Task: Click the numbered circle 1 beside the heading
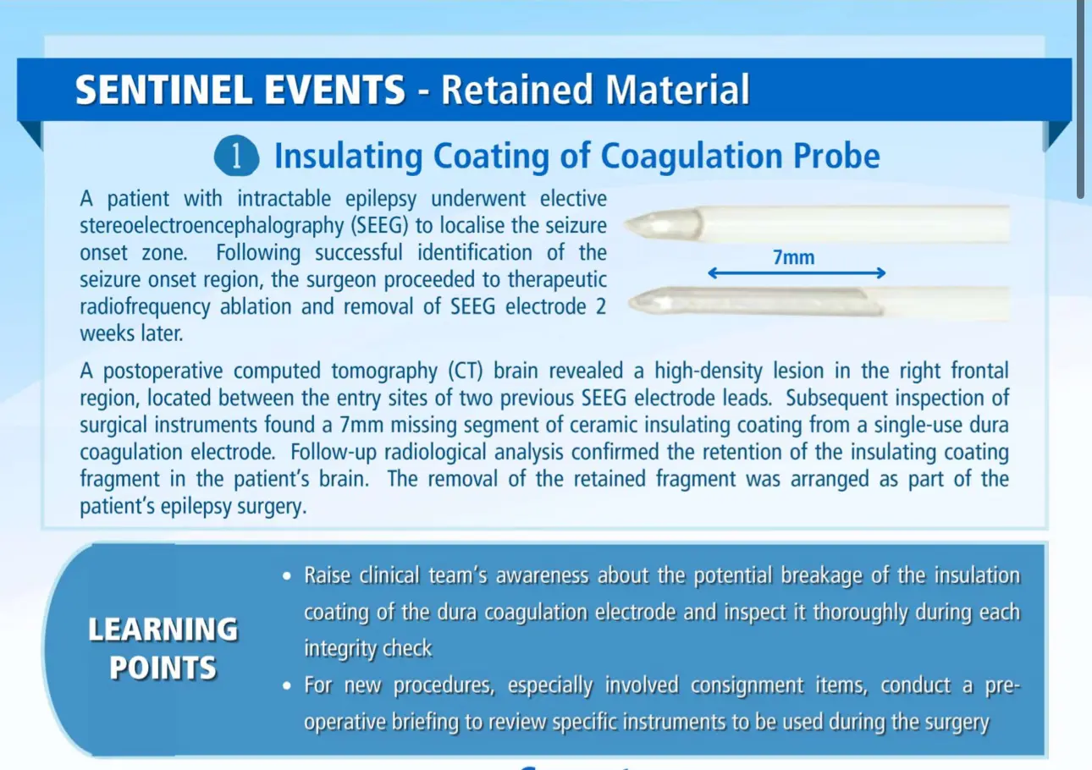[x=236, y=156]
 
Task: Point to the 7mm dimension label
[x=794, y=257]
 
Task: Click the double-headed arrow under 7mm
[x=797, y=273]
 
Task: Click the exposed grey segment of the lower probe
[x=756, y=301]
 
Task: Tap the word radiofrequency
[x=145, y=307]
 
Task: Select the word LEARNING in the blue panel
[x=163, y=630]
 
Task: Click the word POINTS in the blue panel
[x=163, y=668]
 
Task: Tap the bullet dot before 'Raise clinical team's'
[x=287, y=576]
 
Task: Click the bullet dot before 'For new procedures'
[x=287, y=686]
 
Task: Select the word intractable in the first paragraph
[x=284, y=198]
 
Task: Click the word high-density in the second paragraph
[x=709, y=371]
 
